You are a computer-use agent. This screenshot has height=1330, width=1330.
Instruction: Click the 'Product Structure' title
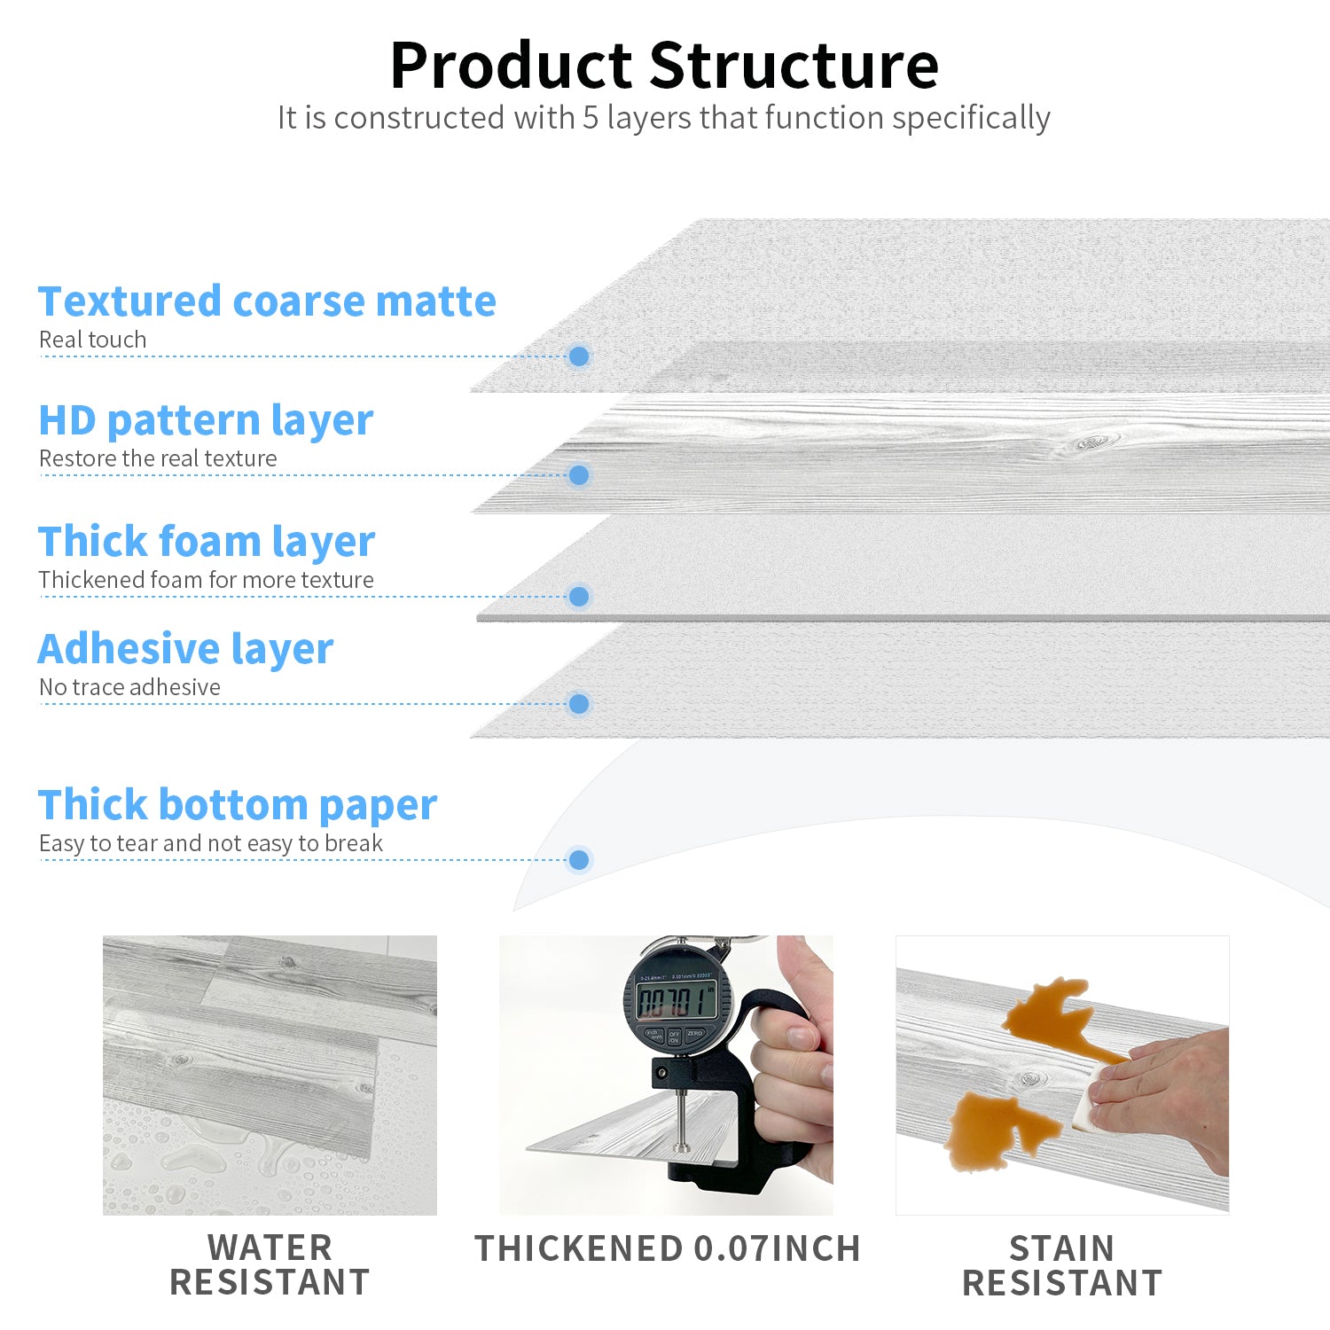[x=664, y=66]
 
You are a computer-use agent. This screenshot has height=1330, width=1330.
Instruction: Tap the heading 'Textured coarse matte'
[x=267, y=301]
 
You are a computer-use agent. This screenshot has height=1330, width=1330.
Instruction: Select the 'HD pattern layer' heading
[x=206, y=420]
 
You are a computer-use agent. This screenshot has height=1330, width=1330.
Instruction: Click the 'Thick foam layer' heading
[x=207, y=542]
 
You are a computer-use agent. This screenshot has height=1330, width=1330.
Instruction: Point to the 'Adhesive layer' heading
[x=185, y=649]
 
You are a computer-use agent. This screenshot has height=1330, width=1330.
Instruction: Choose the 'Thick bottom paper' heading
[x=238, y=805]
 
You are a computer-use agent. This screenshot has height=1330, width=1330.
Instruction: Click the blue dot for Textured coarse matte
[x=579, y=356]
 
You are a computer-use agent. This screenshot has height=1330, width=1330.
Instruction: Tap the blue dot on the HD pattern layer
[x=579, y=475]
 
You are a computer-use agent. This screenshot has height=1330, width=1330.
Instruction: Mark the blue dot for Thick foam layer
[x=579, y=597]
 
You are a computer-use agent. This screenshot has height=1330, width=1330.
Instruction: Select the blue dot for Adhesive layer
[x=579, y=704]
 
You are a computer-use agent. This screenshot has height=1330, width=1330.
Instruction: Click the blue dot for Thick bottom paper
[x=579, y=860]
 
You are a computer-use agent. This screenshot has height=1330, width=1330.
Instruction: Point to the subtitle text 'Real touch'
[x=92, y=340]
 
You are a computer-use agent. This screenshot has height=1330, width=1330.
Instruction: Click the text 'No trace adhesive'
[x=129, y=687]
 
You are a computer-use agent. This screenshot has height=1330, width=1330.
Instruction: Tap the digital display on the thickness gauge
[x=676, y=1002]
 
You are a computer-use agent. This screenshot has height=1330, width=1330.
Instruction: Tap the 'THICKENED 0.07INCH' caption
[x=668, y=1248]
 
